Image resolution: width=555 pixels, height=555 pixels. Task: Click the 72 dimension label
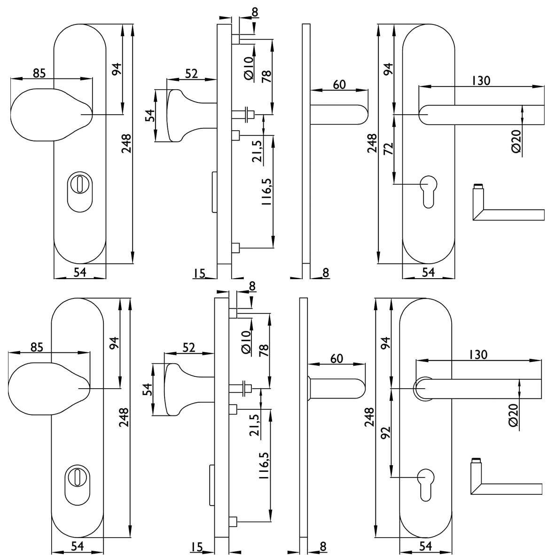point(389,149)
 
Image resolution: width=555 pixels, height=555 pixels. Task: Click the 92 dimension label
point(386,432)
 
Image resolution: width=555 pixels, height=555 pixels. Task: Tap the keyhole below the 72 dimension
point(428,191)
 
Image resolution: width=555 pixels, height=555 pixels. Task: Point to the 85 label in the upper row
point(39,73)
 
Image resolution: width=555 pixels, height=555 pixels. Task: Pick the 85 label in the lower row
point(37,347)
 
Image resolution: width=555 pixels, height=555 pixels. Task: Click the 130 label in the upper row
point(481,81)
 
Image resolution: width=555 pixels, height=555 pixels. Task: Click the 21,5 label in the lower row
point(256,425)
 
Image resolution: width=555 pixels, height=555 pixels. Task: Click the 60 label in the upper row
point(339,85)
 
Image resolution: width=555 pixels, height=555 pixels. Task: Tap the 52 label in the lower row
point(189,348)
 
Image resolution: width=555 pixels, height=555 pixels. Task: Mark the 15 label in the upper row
point(200,273)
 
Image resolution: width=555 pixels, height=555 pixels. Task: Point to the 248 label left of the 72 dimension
point(372,143)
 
